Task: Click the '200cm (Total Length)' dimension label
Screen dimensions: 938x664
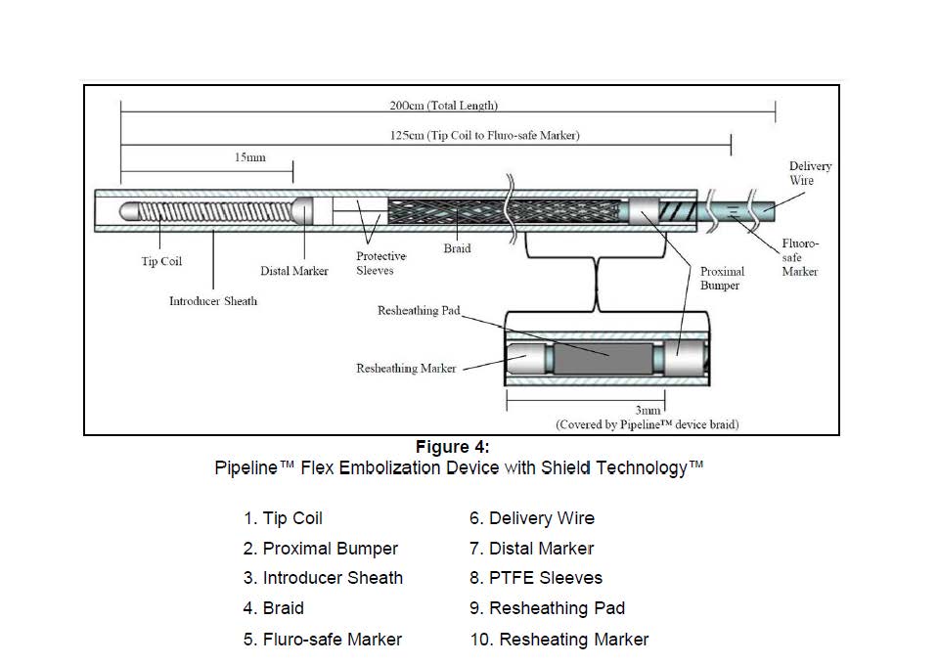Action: pyautogui.click(x=443, y=106)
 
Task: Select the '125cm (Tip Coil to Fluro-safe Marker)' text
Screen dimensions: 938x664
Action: pyautogui.click(x=484, y=135)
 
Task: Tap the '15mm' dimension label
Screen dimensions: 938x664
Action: pyautogui.click(x=250, y=157)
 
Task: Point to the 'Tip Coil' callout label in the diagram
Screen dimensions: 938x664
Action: pyautogui.click(x=161, y=261)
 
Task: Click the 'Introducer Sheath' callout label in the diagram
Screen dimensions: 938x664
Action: pyautogui.click(x=213, y=301)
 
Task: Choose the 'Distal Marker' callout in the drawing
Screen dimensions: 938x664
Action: pyautogui.click(x=294, y=270)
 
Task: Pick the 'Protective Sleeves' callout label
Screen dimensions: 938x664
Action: pyautogui.click(x=381, y=263)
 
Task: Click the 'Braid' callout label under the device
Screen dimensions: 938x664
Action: pyautogui.click(x=457, y=248)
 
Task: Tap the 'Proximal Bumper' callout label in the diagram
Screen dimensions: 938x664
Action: pyautogui.click(x=722, y=278)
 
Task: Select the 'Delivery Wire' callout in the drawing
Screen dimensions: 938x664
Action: pyautogui.click(x=810, y=173)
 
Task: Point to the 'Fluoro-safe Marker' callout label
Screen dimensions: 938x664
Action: pyautogui.click(x=800, y=257)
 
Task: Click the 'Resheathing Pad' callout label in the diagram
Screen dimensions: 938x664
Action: pyautogui.click(x=419, y=310)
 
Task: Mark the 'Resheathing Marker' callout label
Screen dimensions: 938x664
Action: pyautogui.click(x=406, y=369)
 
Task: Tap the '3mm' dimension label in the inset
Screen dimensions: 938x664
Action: pyautogui.click(x=648, y=410)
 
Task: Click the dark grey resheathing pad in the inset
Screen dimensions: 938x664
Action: pyautogui.click(x=603, y=358)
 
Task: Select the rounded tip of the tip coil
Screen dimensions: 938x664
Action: pyautogui.click(x=128, y=211)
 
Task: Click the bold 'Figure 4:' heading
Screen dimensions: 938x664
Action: pyautogui.click(x=452, y=447)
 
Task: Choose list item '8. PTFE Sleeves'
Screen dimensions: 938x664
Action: pyautogui.click(x=536, y=578)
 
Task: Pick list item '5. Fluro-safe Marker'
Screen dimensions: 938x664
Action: pyautogui.click(x=323, y=640)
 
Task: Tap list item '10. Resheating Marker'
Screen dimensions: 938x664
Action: pyautogui.click(x=559, y=640)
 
